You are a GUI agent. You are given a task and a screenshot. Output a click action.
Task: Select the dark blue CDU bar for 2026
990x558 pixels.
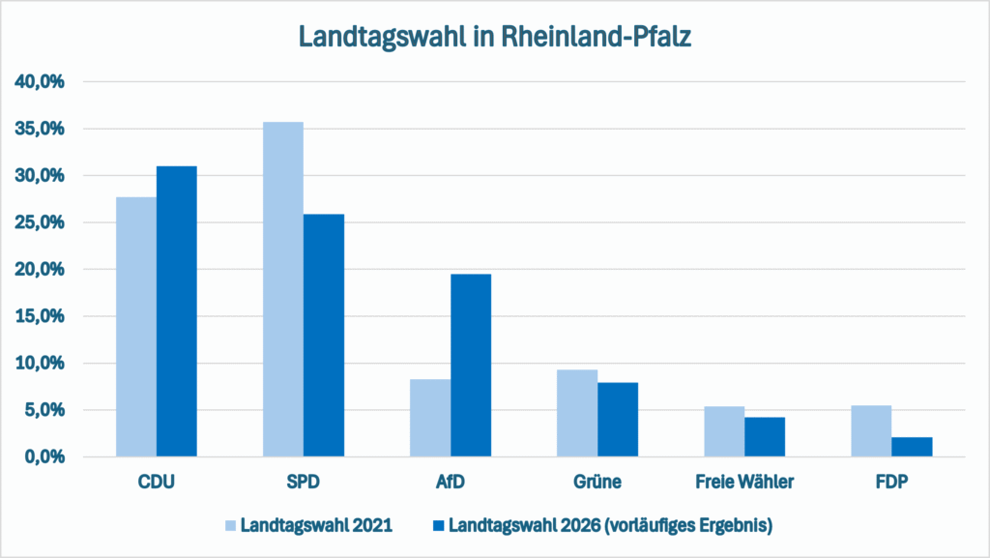tap(177, 311)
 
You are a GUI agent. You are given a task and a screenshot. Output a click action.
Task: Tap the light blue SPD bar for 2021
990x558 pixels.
tap(283, 289)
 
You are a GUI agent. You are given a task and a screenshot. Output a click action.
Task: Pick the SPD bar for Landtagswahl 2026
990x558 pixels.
tap(324, 336)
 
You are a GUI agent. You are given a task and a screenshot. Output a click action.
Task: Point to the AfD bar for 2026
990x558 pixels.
tap(471, 366)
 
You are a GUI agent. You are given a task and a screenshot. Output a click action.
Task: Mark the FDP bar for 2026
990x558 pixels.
tap(912, 447)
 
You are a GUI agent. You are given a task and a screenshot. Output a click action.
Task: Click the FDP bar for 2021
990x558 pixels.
tap(871, 431)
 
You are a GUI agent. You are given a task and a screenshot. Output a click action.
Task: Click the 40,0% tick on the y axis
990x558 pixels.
tap(41, 82)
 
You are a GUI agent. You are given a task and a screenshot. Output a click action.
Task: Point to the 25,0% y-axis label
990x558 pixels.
tap(41, 222)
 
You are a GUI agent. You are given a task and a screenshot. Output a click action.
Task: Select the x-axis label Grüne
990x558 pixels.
tap(597, 481)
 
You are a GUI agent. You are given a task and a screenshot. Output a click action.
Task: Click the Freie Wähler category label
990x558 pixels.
tap(744, 481)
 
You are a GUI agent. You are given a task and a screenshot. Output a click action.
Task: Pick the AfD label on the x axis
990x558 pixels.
tap(451, 481)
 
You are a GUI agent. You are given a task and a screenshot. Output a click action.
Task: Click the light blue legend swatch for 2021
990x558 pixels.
tap(230, 526)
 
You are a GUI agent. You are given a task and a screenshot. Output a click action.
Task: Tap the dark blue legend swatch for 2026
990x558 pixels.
tap(436, 526)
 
